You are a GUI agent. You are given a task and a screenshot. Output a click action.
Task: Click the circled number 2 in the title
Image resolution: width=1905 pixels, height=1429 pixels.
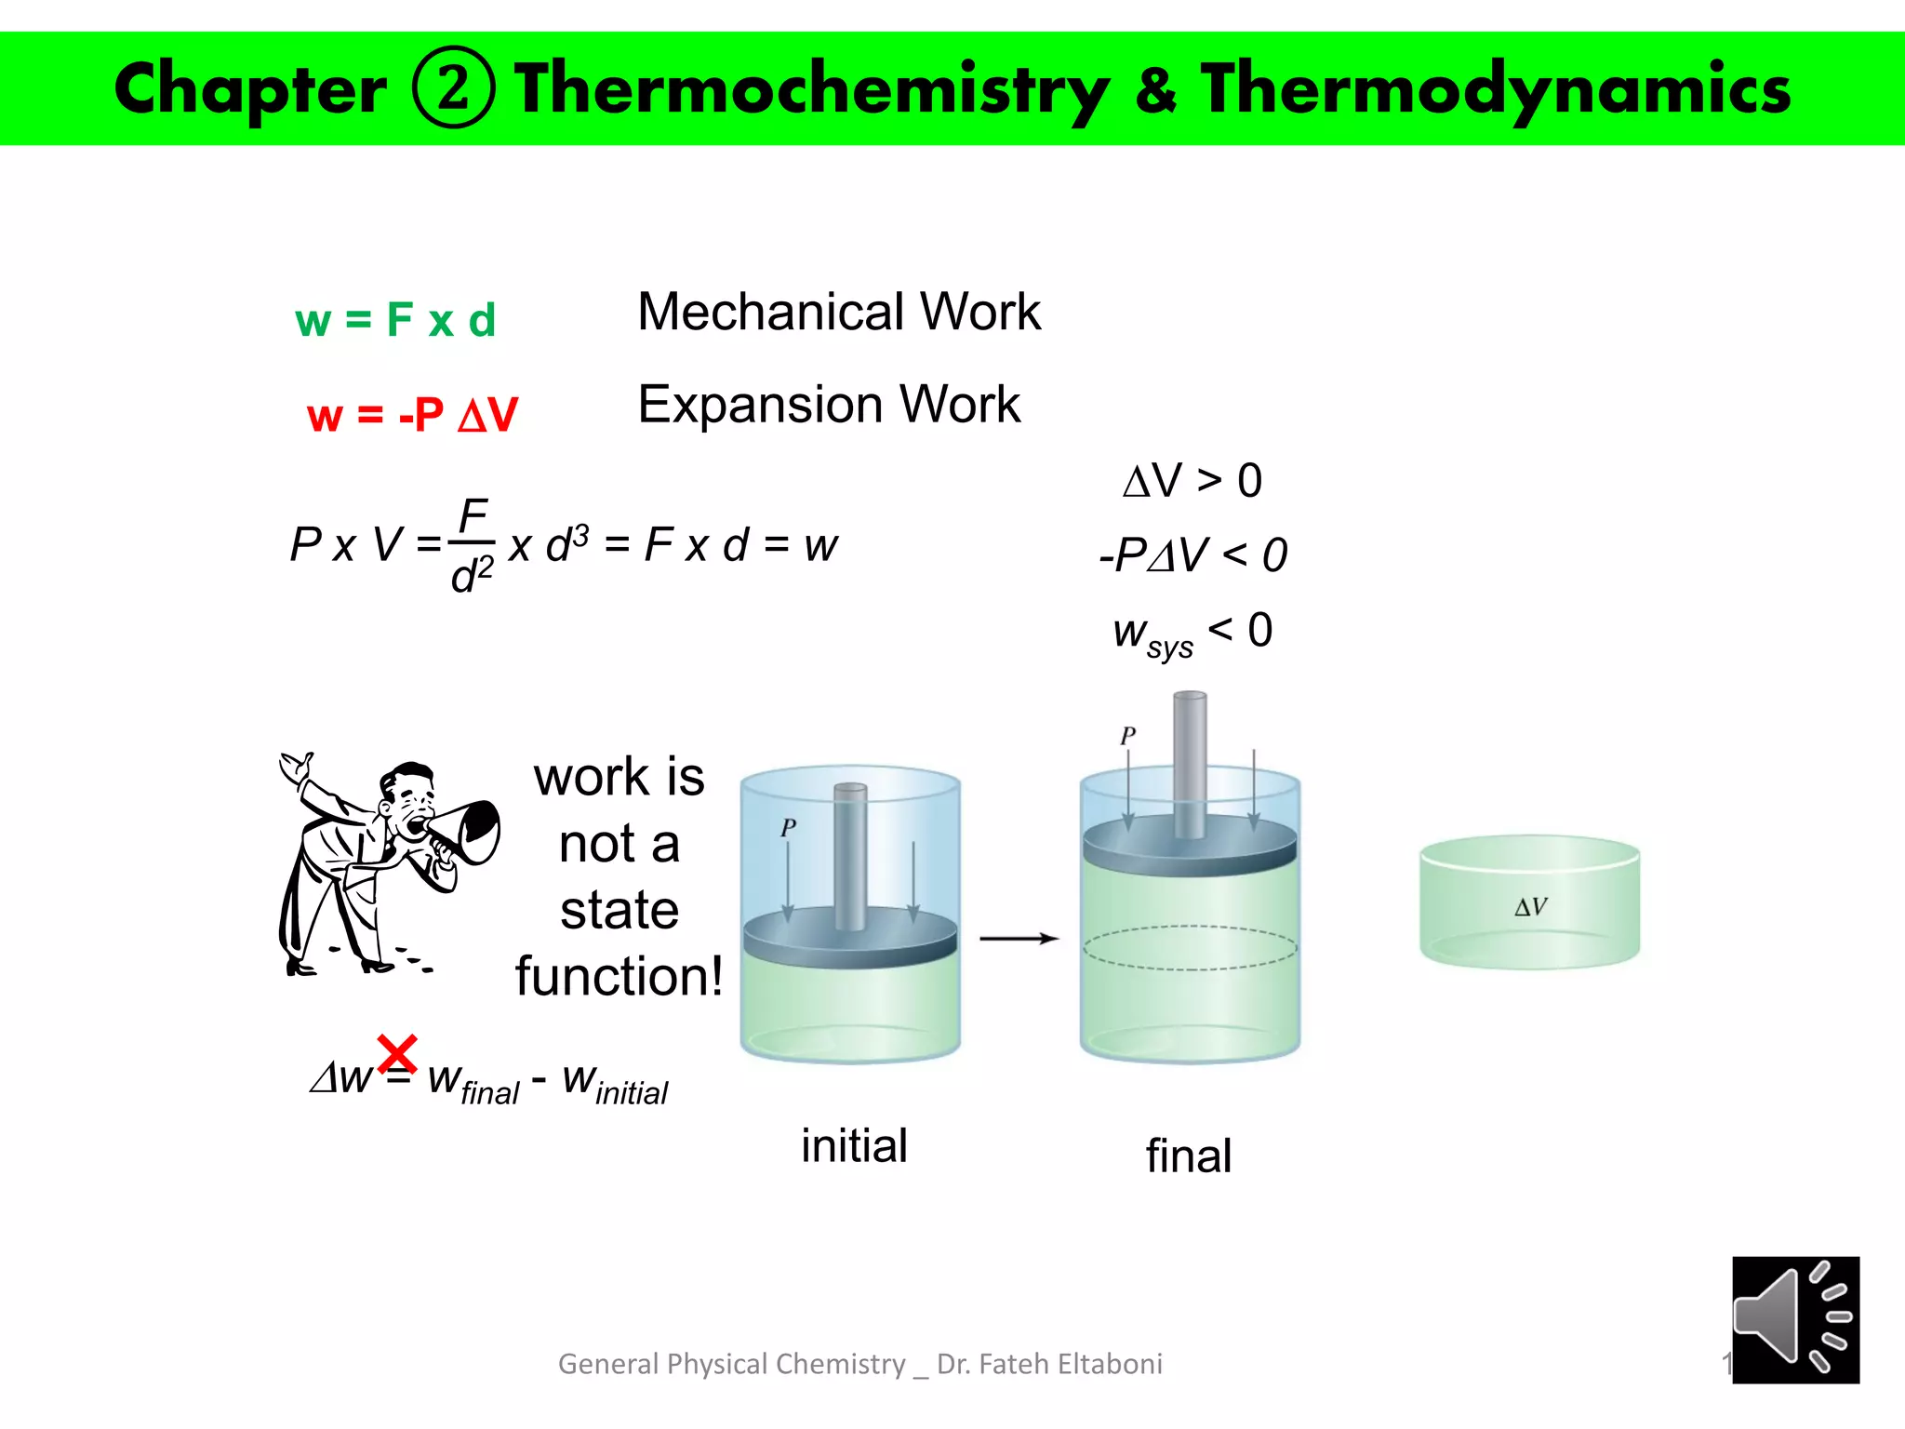453,87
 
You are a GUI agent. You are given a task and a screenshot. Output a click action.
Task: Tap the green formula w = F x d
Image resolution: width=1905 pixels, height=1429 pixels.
395,320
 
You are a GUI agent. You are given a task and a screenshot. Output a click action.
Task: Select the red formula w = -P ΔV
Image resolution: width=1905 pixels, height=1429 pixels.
412,414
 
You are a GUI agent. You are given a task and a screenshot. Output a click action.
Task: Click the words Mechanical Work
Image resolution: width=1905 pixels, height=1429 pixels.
838,312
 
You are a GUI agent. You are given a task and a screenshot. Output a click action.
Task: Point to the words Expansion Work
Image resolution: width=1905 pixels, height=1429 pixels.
828,405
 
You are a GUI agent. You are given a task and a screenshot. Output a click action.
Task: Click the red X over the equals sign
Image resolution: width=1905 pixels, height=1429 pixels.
397,1054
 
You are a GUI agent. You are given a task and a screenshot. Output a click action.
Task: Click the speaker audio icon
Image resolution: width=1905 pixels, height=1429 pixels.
1794,1319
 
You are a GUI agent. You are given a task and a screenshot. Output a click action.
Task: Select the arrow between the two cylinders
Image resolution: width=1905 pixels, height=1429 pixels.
1019,939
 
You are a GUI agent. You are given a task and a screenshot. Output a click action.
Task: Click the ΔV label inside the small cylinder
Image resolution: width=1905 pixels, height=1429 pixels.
1530,906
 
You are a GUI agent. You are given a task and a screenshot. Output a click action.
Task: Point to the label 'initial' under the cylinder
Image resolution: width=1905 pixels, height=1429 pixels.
854,1145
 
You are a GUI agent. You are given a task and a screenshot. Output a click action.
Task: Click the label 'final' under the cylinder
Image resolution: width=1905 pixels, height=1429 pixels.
1188,1156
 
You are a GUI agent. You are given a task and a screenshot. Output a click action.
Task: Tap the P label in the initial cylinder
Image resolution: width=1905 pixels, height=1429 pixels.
789,827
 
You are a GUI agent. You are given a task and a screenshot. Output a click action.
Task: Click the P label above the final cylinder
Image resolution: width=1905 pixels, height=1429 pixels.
1128,735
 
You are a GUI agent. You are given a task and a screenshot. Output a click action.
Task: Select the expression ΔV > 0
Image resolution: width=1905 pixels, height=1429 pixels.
1192,481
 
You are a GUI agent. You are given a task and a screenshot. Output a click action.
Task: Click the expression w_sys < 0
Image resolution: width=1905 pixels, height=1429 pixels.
1192,633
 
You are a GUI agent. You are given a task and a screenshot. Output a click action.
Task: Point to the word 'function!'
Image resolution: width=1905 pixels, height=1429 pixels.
619,976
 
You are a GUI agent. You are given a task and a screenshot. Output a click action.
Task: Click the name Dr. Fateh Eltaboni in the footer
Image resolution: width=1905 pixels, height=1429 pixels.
1049,1364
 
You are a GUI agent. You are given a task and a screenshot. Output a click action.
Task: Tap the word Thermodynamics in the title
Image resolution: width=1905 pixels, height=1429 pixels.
1495,89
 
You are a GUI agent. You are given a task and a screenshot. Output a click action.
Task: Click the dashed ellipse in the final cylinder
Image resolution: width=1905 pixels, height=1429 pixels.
1190,948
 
